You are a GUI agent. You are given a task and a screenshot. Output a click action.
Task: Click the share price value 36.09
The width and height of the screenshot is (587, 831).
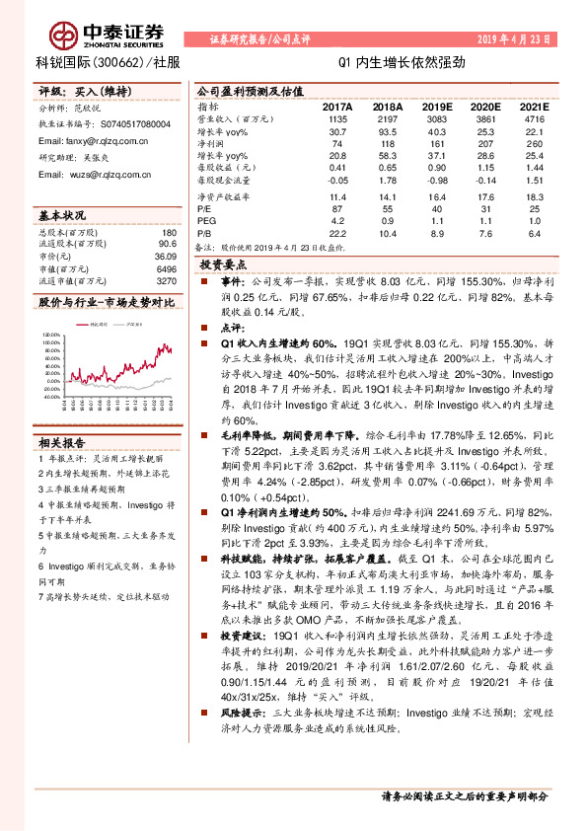point(163,257)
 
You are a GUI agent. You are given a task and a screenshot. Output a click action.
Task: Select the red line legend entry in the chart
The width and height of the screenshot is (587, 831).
point(97,324)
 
